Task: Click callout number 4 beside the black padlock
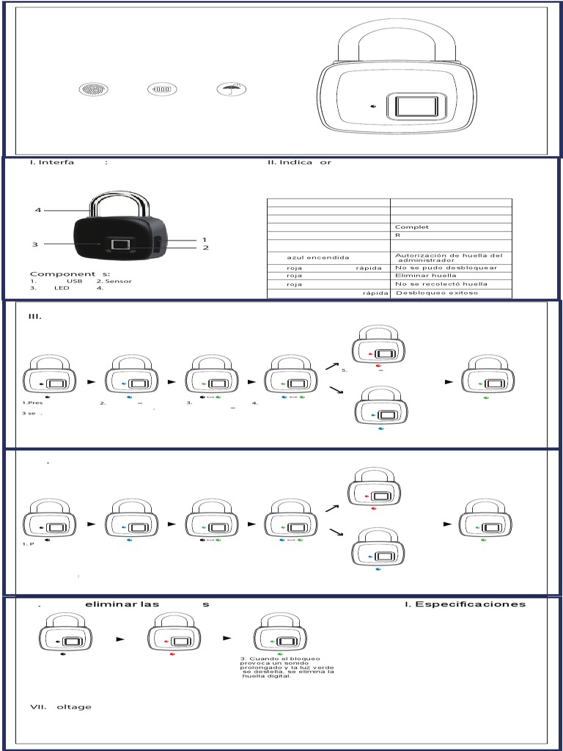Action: click(x=37, y=211)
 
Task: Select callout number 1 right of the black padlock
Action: click(x=205, y=240)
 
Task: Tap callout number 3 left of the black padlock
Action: click(x=34, y=244)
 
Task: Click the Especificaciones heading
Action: click(x=470, y=604)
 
